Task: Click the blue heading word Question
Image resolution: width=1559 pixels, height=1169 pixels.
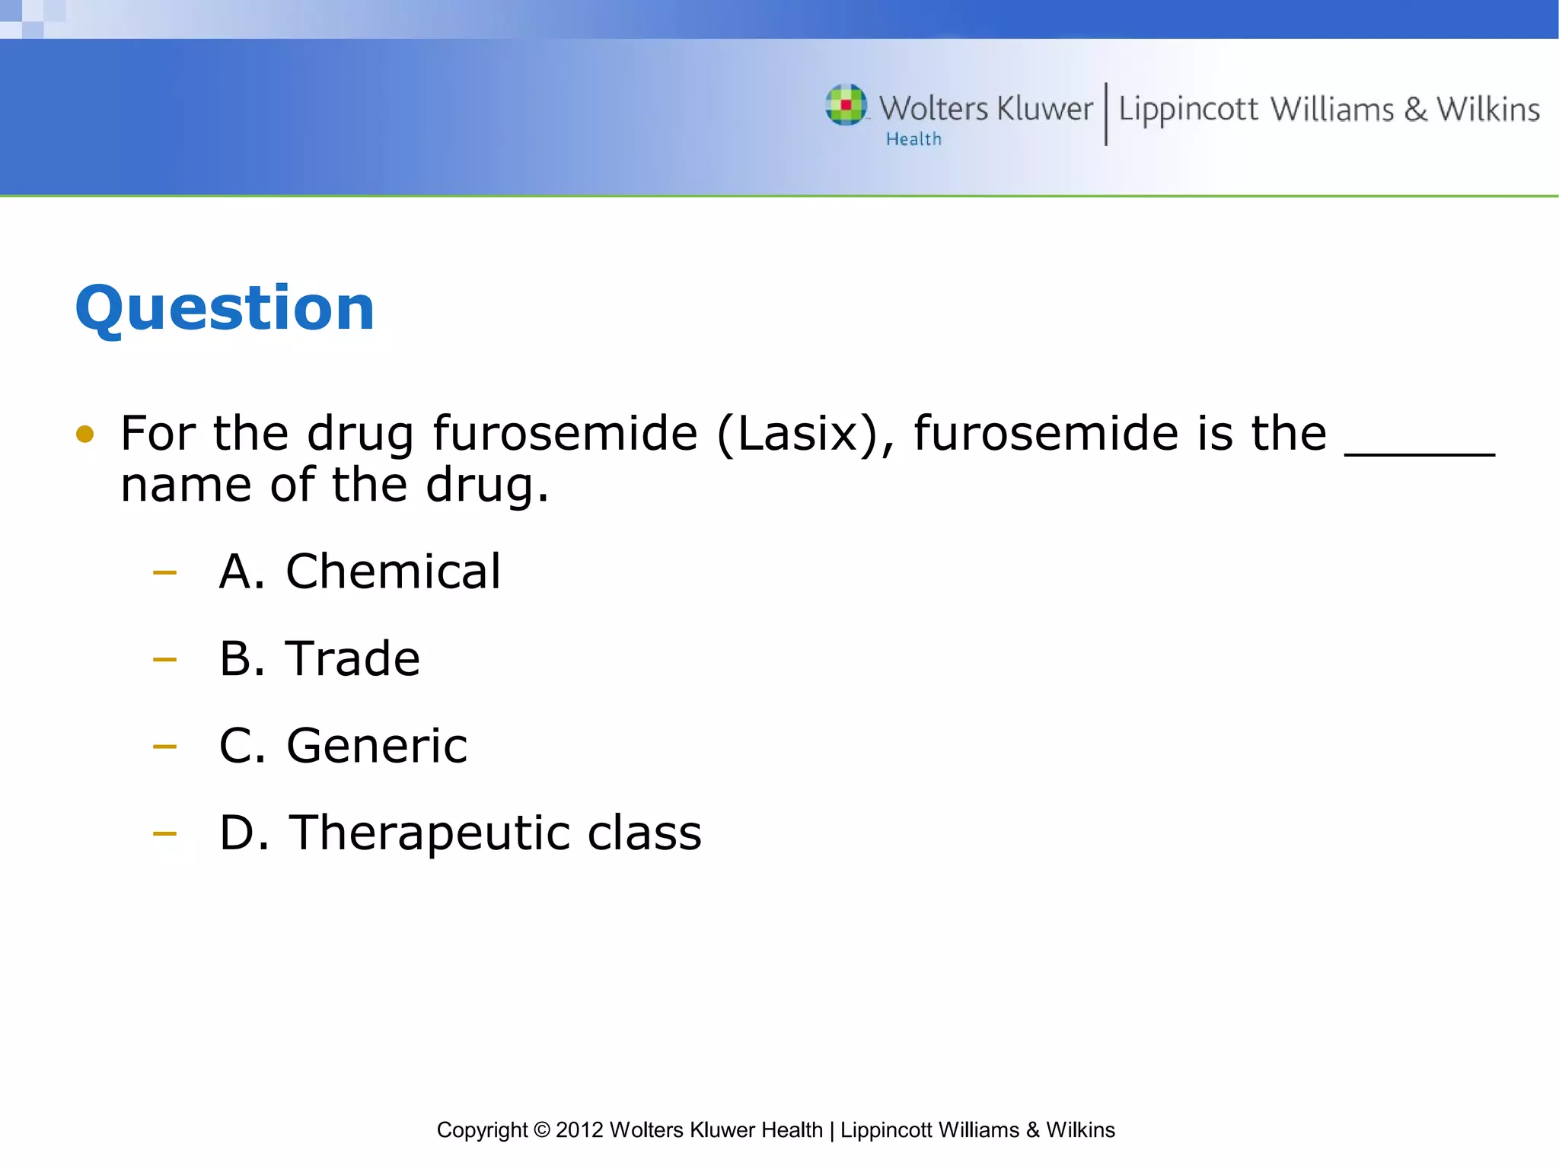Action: pos(225,308)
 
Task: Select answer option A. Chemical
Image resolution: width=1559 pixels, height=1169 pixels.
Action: pos(359,572)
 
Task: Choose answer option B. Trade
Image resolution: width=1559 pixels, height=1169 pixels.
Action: pos(319,658)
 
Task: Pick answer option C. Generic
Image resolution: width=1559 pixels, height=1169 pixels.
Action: pos(343,745)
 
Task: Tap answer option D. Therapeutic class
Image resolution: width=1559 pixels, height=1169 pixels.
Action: pos(460,833)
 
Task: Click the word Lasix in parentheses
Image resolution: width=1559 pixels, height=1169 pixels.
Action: pos(797,434)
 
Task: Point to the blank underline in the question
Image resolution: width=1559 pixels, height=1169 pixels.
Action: pos(1420,454)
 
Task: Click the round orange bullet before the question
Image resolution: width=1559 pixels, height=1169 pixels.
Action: pos(85,435)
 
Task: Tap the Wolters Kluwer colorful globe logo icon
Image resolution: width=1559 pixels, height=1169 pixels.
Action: pos(846,105)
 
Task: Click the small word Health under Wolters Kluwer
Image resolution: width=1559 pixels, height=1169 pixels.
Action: pos(913,139)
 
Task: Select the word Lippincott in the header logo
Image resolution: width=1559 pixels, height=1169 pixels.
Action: pos(1188,110)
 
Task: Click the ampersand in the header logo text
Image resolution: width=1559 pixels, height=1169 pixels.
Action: pos(1415,110)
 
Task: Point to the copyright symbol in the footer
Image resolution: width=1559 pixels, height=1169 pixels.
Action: pos(541,1130)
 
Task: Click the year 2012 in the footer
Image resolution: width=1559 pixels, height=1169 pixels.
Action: pos(579,1130)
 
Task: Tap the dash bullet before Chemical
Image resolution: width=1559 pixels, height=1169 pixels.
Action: pos(164,572)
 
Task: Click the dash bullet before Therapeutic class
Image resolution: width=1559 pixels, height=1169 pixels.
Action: pos(164,833)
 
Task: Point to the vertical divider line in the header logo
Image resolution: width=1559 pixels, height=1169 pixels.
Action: pos(1106,113)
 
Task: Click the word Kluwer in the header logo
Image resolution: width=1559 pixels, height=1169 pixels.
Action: pos(1044,109)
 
